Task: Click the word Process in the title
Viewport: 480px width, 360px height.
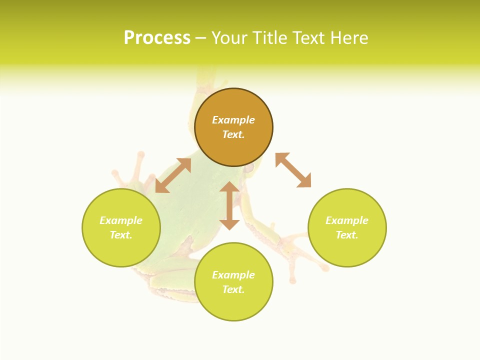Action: tap(157, 38)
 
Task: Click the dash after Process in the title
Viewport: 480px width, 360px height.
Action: tap(200, 38)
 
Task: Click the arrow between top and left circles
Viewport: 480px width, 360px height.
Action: tap(173, 175)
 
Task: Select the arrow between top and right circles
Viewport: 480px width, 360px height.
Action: tap(293, 170)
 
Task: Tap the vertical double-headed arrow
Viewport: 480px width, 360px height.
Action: tap(229, 205)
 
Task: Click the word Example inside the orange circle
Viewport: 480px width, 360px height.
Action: tap(233, 120)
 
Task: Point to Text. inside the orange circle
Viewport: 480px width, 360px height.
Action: tap(233, 134)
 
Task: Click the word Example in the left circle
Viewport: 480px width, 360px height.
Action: tap(121, 220)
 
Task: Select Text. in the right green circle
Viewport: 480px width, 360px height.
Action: tap(347, 235)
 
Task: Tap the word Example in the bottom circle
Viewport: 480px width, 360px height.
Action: tap(233, 275)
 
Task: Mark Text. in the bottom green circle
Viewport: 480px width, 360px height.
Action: tap(233, 289)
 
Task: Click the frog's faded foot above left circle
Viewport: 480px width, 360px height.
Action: tap(132, 170)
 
